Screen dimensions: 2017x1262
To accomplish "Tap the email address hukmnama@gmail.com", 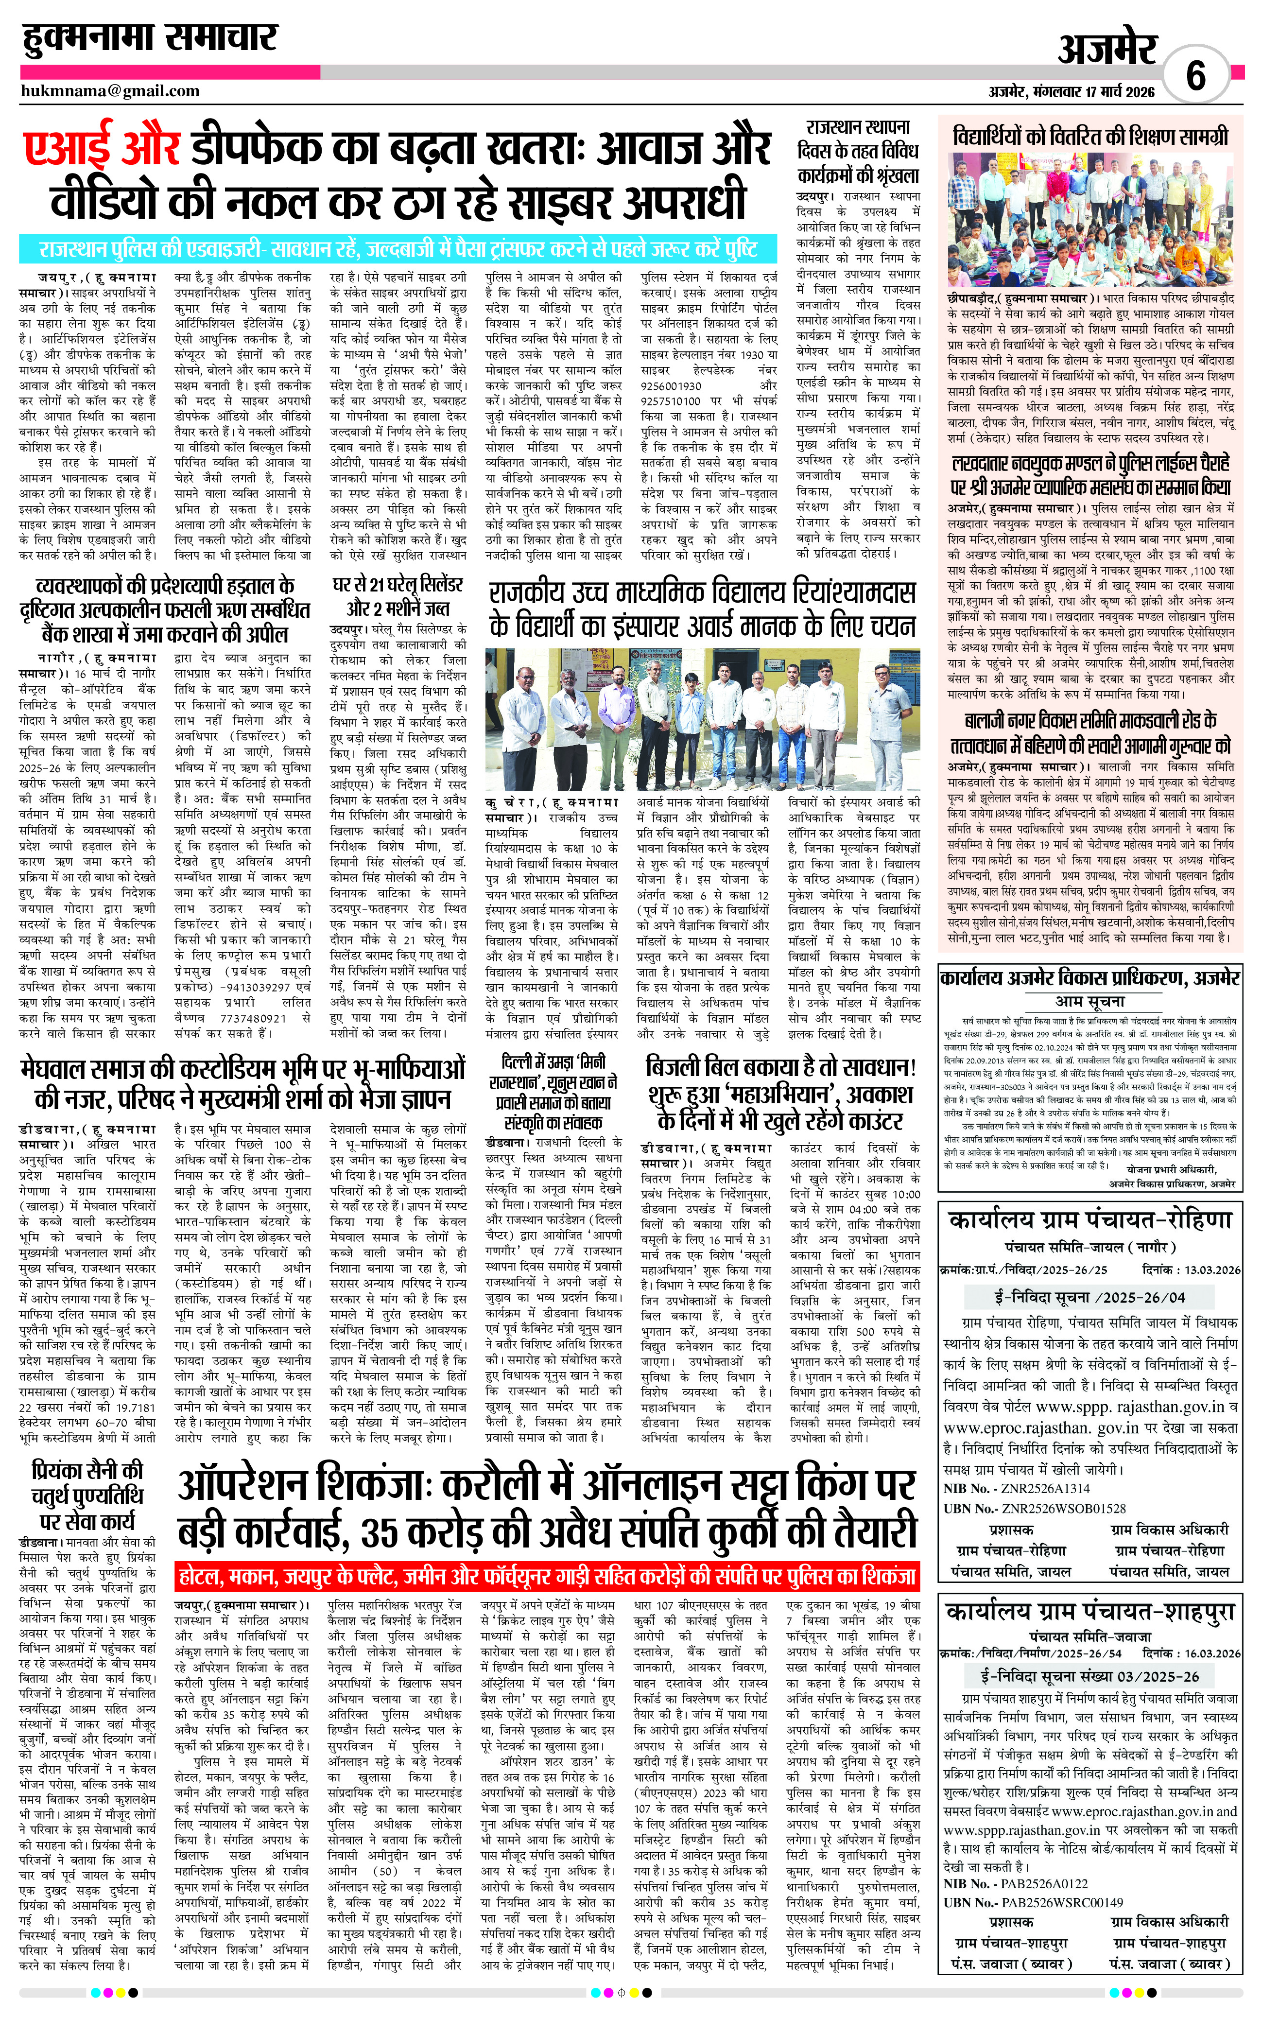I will (110, 91).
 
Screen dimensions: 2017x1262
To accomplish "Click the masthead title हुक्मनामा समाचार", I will (149, 37).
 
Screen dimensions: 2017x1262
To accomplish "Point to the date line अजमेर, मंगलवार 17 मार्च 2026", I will (1072, 92).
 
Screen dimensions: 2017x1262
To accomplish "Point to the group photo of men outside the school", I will (703, 720).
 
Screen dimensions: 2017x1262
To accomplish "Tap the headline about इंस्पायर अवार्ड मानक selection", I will (703, 609).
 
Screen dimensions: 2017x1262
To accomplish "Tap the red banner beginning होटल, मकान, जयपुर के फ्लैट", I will (547, 1576).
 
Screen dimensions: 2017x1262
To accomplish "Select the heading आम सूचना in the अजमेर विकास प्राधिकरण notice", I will (1090, 1001).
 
